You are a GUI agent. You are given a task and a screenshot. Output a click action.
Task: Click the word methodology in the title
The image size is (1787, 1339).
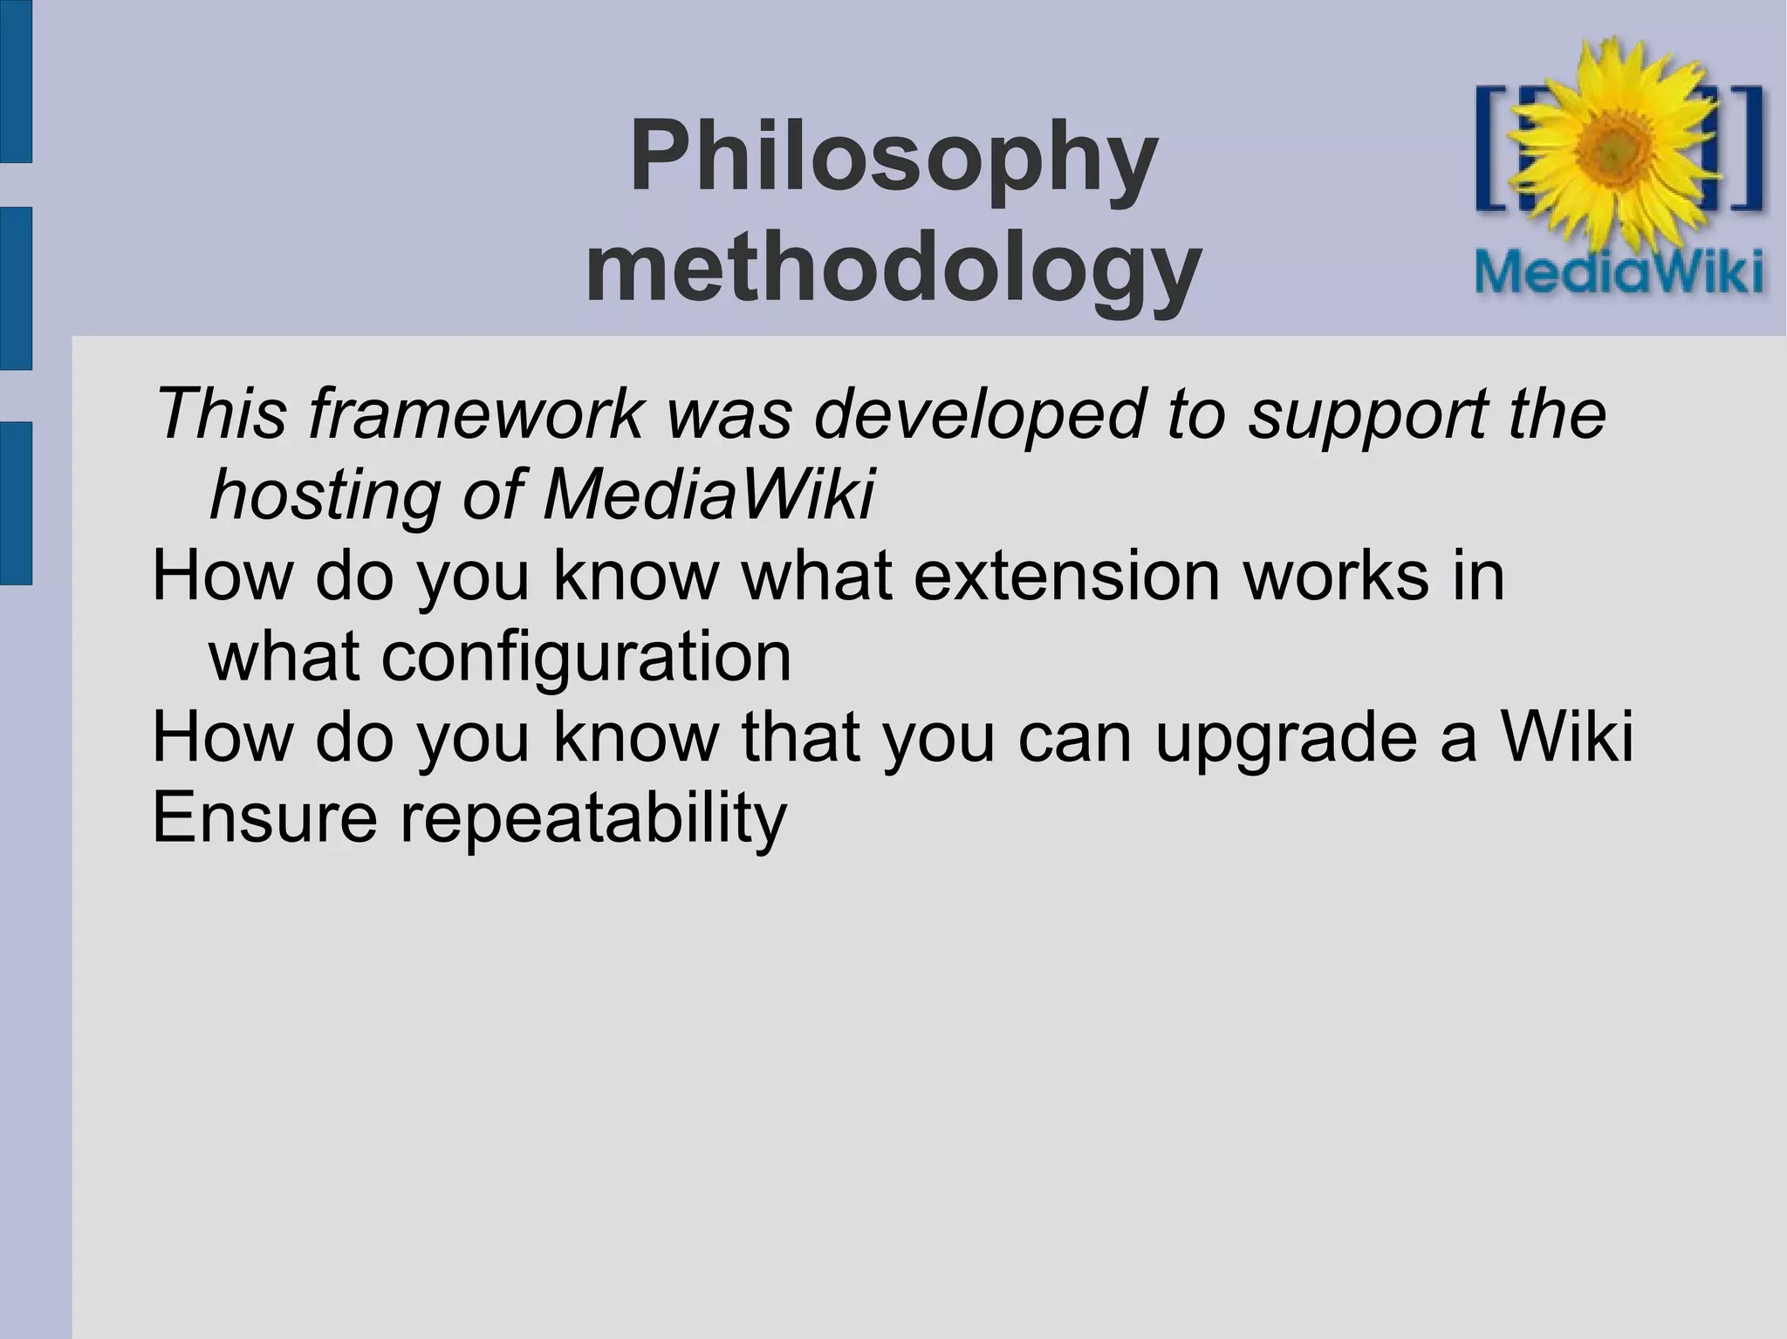[893, 266]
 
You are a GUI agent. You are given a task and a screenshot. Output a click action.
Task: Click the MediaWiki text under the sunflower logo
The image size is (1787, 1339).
[1619, 272]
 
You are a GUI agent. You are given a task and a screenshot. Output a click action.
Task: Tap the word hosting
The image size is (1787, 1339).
[324, 495]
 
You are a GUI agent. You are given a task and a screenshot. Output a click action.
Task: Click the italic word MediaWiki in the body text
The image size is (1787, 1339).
[708, 495]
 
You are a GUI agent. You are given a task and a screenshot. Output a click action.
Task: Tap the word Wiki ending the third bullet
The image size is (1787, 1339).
[1565, 736]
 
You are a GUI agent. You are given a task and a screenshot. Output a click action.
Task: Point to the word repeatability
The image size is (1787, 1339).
[593, 818]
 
